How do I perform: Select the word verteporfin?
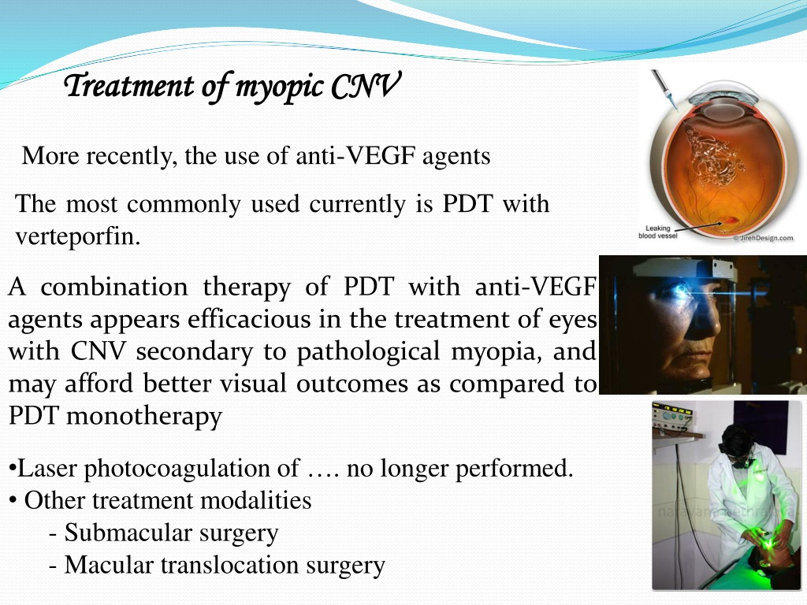pyautogui.click(x=78, y=236)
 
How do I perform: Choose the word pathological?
pyautogui.click(x=368, y=352)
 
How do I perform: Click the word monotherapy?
pyautogui.click(x=144, y=416)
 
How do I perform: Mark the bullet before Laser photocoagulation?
pyautogui.click(x=13, y=470)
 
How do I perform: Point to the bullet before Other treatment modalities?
pyautogui.click(x=13, y=501)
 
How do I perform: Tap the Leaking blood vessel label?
pyautogui.click(x=658, y=232)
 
